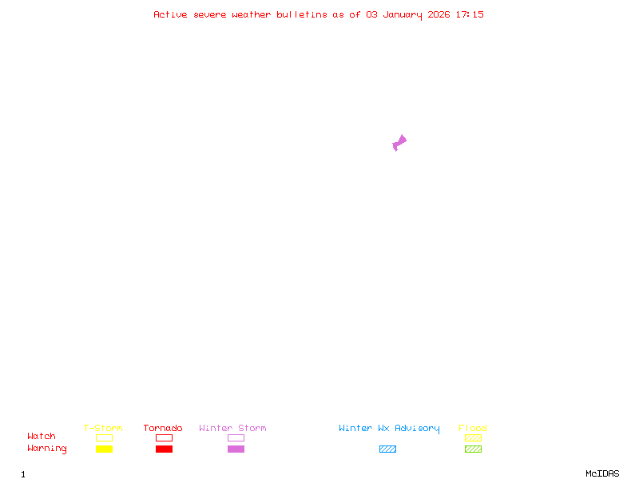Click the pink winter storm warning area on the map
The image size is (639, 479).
pos(399,143)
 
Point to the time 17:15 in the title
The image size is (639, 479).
pos(469,14)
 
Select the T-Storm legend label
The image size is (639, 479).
pos(103,428)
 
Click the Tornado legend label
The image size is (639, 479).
pos(163,428)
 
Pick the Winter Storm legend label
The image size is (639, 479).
pos(232,428)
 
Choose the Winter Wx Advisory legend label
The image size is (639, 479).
pos(389,428)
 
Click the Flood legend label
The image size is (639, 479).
pos(473,428)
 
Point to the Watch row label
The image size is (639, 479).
pos(42,437)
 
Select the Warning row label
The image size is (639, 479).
pos(47,449)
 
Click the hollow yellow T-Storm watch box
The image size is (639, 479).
pos(104,437)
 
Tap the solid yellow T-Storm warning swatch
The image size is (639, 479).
pos(104,449)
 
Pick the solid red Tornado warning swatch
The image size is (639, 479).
pos(164,449)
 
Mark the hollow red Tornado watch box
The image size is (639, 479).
pos(164,437)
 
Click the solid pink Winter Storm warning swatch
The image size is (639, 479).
pos(236,449)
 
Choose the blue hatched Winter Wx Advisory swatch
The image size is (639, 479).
pos(387,449)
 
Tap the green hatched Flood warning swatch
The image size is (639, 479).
pos(473,449)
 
